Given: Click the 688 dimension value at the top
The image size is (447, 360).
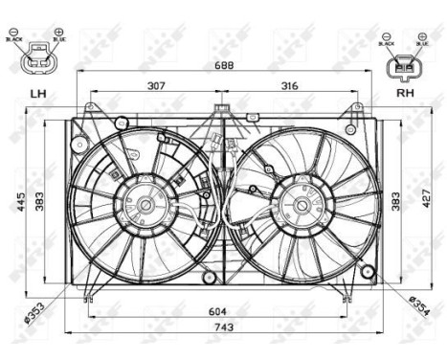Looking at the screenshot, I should [222, 67].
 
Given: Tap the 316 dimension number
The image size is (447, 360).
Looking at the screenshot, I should [289, 86].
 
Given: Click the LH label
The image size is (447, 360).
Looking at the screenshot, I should [38, 94].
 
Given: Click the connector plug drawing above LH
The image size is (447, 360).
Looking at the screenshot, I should [38, 60].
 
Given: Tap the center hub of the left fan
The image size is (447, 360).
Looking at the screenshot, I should [145, 204].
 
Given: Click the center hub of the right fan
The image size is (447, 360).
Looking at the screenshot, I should [299, 204].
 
